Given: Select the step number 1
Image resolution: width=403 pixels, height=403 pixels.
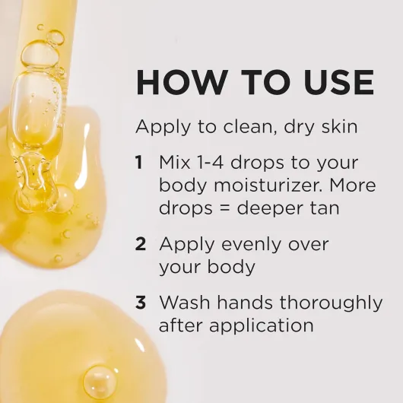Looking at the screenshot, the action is point(139,163).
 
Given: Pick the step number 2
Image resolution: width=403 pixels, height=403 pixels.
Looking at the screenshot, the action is point(141,244).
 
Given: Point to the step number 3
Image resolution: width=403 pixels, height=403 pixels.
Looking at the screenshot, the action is point(141,302).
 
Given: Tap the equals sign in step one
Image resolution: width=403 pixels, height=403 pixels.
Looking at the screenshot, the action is point(224,208).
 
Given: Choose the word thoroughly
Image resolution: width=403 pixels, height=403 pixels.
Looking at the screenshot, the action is point(331,303).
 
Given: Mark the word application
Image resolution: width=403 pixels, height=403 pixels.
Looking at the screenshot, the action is point(262,325).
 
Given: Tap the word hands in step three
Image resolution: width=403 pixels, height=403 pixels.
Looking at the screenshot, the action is point(245,302).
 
